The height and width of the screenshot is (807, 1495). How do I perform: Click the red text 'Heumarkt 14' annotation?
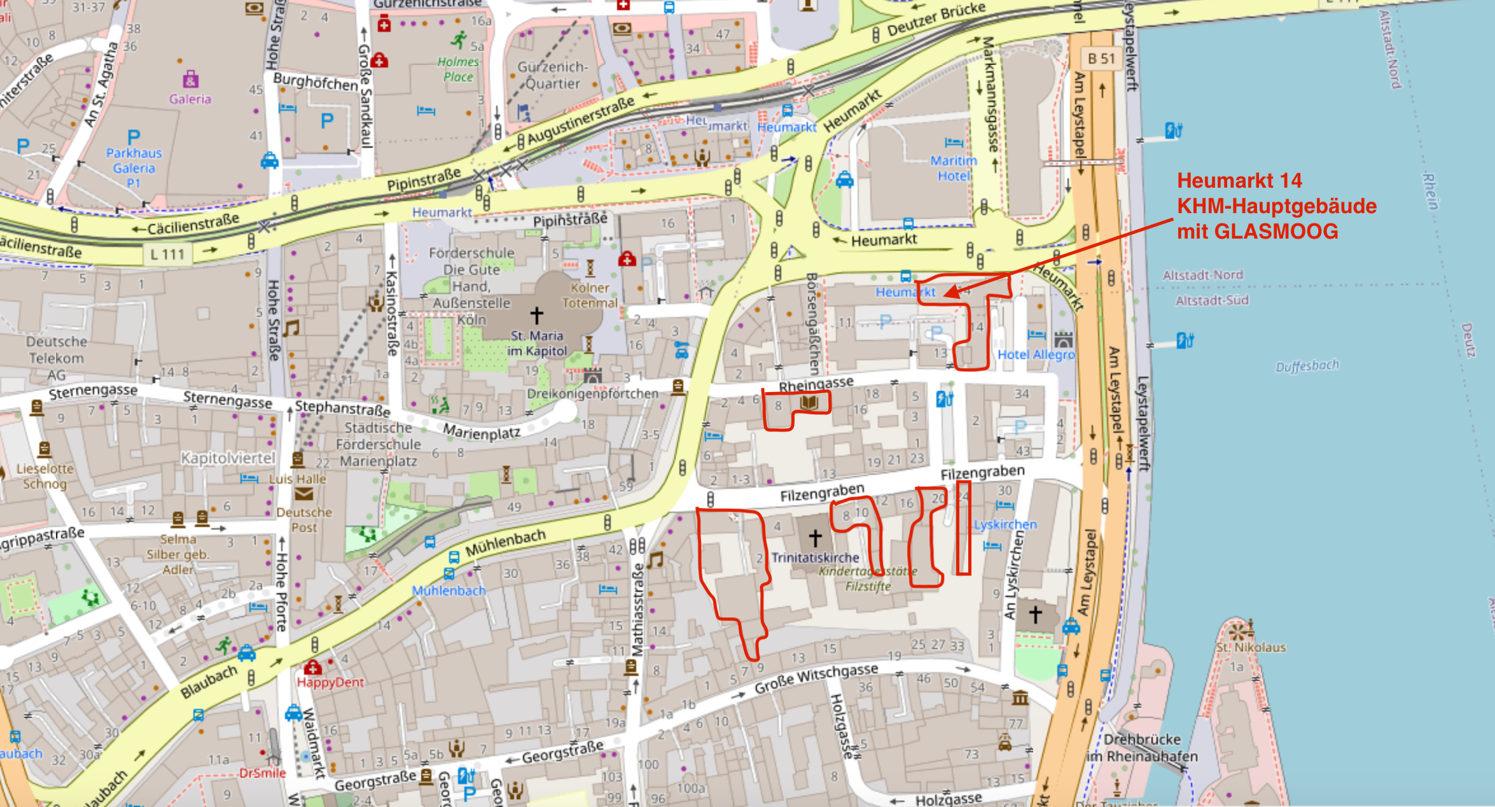(x=1239, y=181)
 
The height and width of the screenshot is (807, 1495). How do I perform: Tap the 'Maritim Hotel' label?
(x=953, y=169)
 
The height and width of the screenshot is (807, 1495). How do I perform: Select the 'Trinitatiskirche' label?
(x=815, y=558)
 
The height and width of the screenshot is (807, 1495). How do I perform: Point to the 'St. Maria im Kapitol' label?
(x=538, y=344)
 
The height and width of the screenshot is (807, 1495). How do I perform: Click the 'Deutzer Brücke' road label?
(x=936, y=19)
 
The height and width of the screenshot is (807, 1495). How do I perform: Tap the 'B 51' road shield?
(x=1101, y=59)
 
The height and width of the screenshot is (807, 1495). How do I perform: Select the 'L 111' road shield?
(x=167, y=255)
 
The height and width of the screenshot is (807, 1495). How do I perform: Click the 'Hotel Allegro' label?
(x=1036, y=354)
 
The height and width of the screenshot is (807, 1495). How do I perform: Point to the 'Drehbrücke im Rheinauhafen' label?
(x=1143, y=748)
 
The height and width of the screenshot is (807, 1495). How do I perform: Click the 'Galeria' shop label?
(x=190, y=99)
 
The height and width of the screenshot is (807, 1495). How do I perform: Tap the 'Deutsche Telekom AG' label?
(x=56, y=358)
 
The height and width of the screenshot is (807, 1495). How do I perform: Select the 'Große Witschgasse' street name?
(x=816, y=678)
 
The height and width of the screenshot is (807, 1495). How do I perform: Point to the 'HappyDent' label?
(x=330, y=682)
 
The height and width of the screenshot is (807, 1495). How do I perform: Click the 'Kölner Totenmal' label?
(x=589, y=295)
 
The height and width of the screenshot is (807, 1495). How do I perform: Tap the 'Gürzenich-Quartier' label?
(x=552, y=75)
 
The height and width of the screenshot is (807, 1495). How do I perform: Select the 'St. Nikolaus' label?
(x=1251, y=647)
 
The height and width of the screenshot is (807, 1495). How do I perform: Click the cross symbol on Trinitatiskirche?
(x=815, y=538)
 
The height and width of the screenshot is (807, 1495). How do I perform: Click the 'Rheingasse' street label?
(x=816, y=384)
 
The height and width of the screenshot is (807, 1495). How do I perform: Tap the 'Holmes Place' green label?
(x=458, y=69)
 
